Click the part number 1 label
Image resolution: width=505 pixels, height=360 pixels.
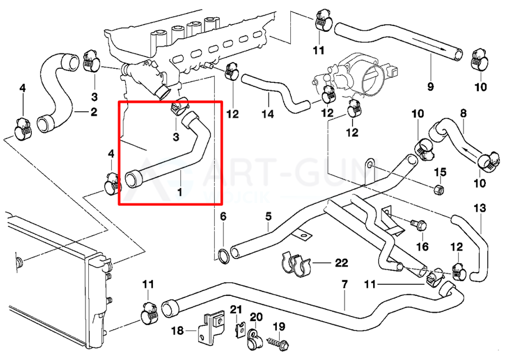tap(180, 192)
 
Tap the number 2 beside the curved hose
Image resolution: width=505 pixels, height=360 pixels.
tap(93, 112)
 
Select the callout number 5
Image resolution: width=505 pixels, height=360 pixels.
tap(268, 217)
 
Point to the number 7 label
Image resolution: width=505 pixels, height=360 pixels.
tap(344, 284)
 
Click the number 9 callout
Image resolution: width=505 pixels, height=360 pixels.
tap(430, 86)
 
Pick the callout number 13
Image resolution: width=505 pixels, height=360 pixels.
tap(479, 208)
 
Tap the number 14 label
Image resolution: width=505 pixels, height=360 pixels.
tap(268, 114)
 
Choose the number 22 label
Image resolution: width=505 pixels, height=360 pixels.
tap(341, 263)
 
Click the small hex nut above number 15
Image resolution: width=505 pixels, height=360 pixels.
tap(439, 189)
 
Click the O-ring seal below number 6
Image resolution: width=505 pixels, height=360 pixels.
tap(223, 255)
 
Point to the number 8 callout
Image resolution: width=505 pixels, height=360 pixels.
tap(463, 114)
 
